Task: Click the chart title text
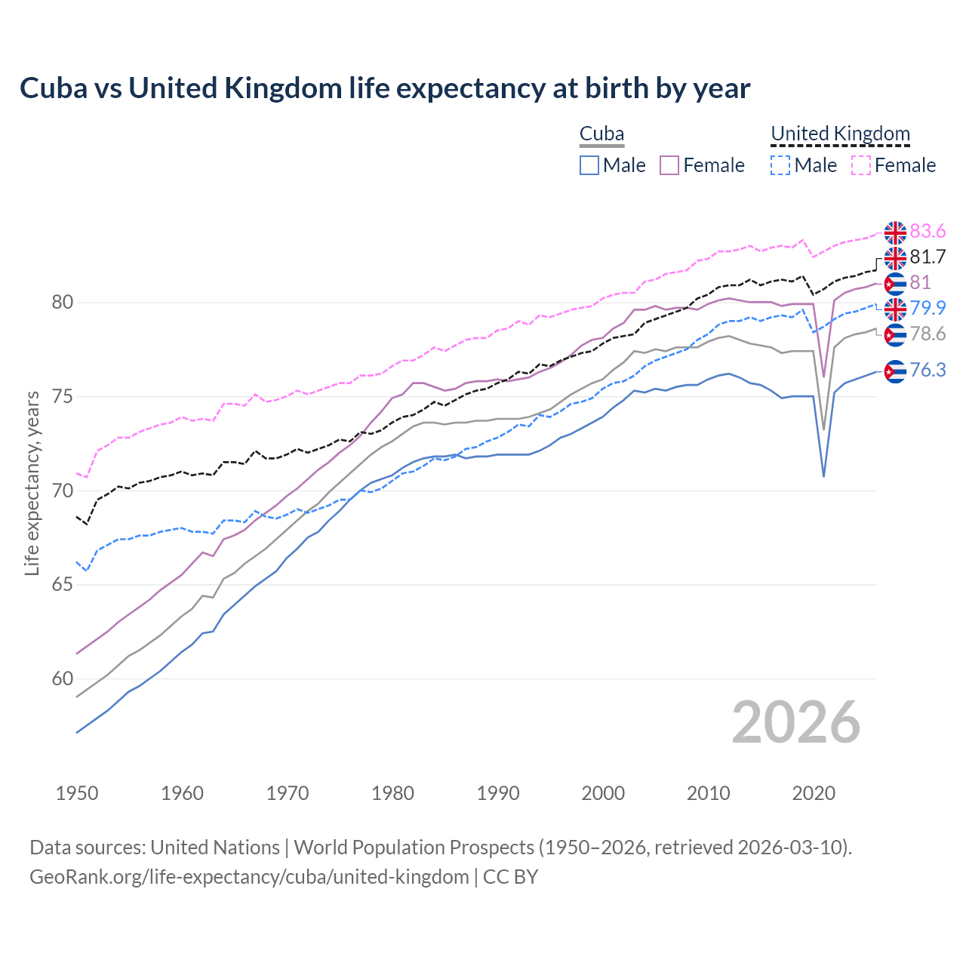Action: point(385,88)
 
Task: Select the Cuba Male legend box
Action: point(589,165)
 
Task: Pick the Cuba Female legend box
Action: point(669,165)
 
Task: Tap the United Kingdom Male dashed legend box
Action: point(780,165)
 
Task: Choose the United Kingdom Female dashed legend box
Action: point(861,165)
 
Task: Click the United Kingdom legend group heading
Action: point(840,134)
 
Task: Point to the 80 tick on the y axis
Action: point(63,303)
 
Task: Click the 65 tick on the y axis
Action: point(63,585)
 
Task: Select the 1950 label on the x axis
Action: point(77,793)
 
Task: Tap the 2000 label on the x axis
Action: point(603,793)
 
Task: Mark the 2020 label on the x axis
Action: point(814,793)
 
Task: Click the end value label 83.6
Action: point(928,231)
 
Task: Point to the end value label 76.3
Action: point(928,370)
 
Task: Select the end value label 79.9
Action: point(928,308)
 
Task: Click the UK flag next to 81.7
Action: point(895,258)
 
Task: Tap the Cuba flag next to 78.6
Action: point(895,334)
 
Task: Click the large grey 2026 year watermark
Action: point(795,722)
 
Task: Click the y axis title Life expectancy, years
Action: point(32,483)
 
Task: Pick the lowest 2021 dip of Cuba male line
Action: point(823,476)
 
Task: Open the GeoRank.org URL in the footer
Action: point(249,877)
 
